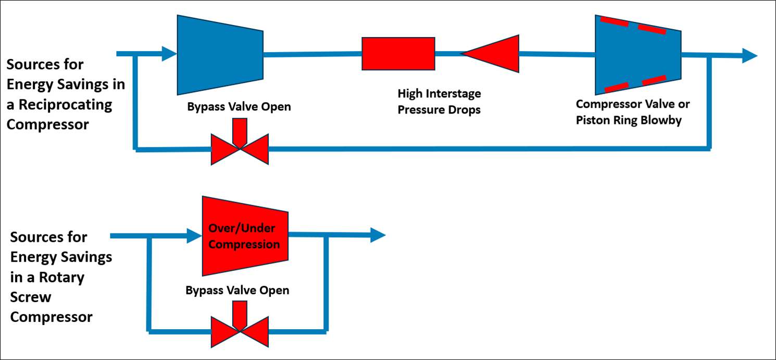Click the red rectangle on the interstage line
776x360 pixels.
[x=398, y=54]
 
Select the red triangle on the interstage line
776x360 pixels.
[x=495, y=54]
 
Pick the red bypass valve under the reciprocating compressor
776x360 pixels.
[x=240, y=148]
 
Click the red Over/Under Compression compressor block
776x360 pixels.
[x=245, y=237]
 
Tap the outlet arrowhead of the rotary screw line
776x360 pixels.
[x=378, y=235]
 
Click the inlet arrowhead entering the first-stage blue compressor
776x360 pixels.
[x=169, y=53]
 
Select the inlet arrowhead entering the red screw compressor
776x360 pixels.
[x=194, y=235]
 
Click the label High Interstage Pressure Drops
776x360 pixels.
[x=439, y=102]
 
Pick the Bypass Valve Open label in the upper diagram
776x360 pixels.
[x=239, y=107]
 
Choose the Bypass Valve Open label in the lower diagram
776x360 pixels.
[x=237, y=290]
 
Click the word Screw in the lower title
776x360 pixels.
[x=31, y=297]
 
